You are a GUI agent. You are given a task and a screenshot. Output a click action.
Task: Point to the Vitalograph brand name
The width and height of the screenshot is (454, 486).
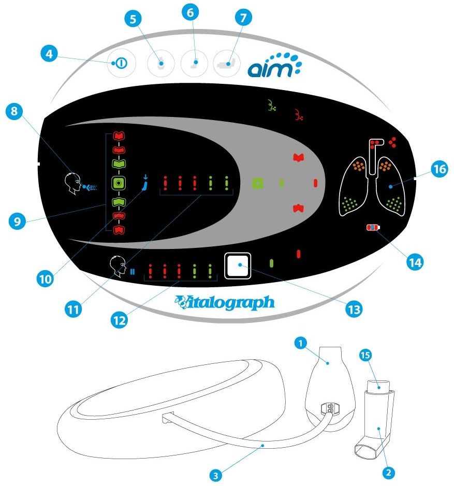click(x=225, y=302)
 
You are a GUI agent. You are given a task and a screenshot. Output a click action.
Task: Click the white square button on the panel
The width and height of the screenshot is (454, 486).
click(x=238, y=266)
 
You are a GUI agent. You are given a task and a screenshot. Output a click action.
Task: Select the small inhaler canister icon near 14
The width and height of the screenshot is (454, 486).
click(x=372, y=227)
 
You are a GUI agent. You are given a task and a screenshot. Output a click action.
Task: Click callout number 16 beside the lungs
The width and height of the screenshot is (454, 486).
click(x=438, y=169)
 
